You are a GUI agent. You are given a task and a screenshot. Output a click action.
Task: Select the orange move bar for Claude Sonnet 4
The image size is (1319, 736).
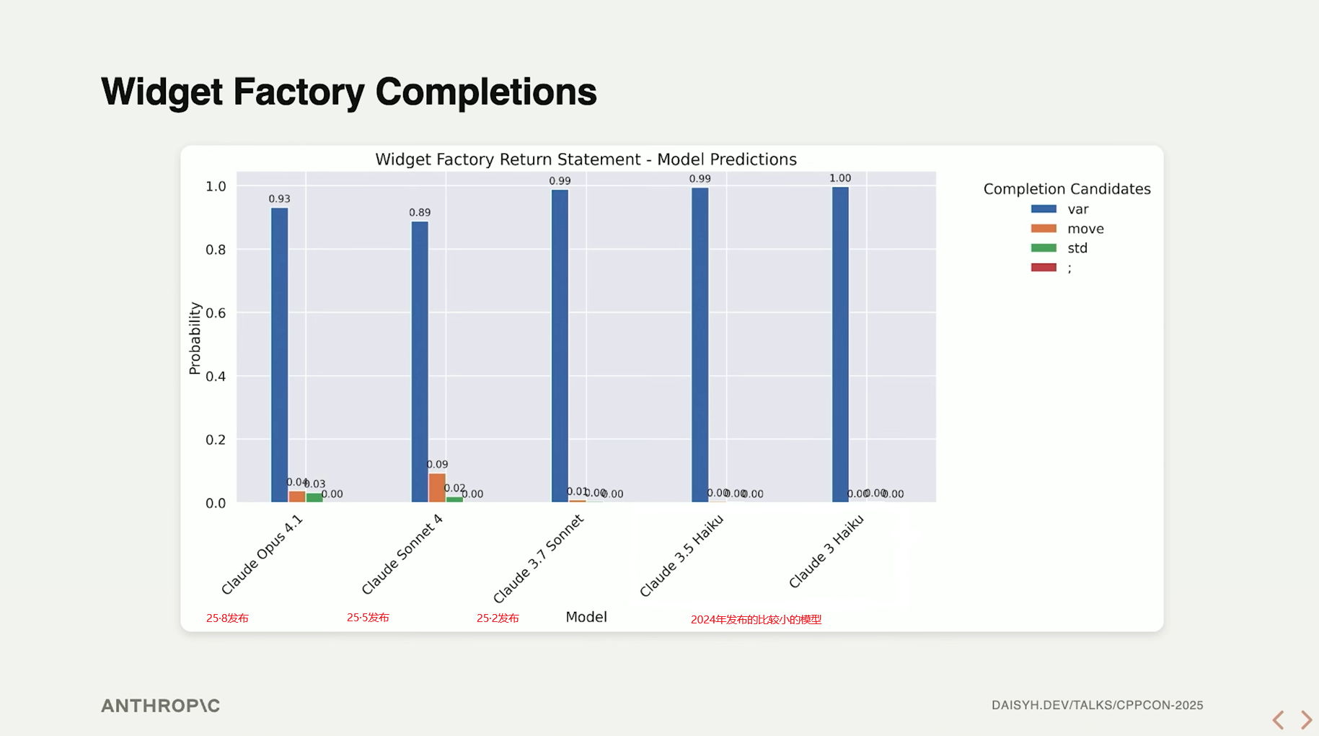[x=437, y=488]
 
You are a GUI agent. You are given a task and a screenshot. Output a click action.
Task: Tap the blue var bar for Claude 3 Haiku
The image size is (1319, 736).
[x=840, y=344]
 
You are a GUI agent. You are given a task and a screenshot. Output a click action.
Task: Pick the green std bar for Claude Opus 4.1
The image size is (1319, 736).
[x=314, y=497]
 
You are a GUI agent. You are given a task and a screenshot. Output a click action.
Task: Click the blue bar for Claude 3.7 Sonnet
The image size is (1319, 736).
[x=560, y=346]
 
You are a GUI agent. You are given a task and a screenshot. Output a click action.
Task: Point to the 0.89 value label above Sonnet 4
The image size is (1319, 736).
[x=420, y=212]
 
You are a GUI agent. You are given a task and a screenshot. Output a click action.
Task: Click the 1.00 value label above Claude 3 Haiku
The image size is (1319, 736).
[x=840, y=178]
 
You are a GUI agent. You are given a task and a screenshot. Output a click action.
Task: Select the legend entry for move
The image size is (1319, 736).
[x=1085, y=229]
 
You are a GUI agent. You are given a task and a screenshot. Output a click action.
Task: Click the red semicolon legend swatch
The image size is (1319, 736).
[x=1044, y=268]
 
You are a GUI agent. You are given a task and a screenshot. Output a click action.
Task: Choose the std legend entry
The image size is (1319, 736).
[x=1077, y=248]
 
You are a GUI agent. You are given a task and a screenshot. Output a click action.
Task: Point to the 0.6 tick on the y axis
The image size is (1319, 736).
[x=216, y=313]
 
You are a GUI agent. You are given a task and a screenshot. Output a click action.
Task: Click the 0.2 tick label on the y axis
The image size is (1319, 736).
[x=216, y=439]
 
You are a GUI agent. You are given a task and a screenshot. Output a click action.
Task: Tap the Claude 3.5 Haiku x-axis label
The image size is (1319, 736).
[x=681, y=556]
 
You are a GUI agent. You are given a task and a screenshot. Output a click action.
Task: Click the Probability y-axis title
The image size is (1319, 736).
[x=194, y=338]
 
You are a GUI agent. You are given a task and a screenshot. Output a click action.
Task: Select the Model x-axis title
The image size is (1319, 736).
[x=586, y=617]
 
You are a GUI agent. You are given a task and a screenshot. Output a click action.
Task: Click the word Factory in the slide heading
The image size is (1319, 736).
[x=299, y=92]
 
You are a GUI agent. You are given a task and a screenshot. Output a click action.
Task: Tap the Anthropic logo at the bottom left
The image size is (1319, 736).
[x=160, y=706]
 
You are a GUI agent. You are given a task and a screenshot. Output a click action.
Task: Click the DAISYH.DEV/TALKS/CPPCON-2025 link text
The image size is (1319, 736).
[x=1097, y=705]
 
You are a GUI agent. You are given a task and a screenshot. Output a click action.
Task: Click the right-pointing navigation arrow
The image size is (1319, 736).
[x=1306, y=719]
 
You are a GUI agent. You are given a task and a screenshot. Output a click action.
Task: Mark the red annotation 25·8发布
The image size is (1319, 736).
[x=227, y=618]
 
